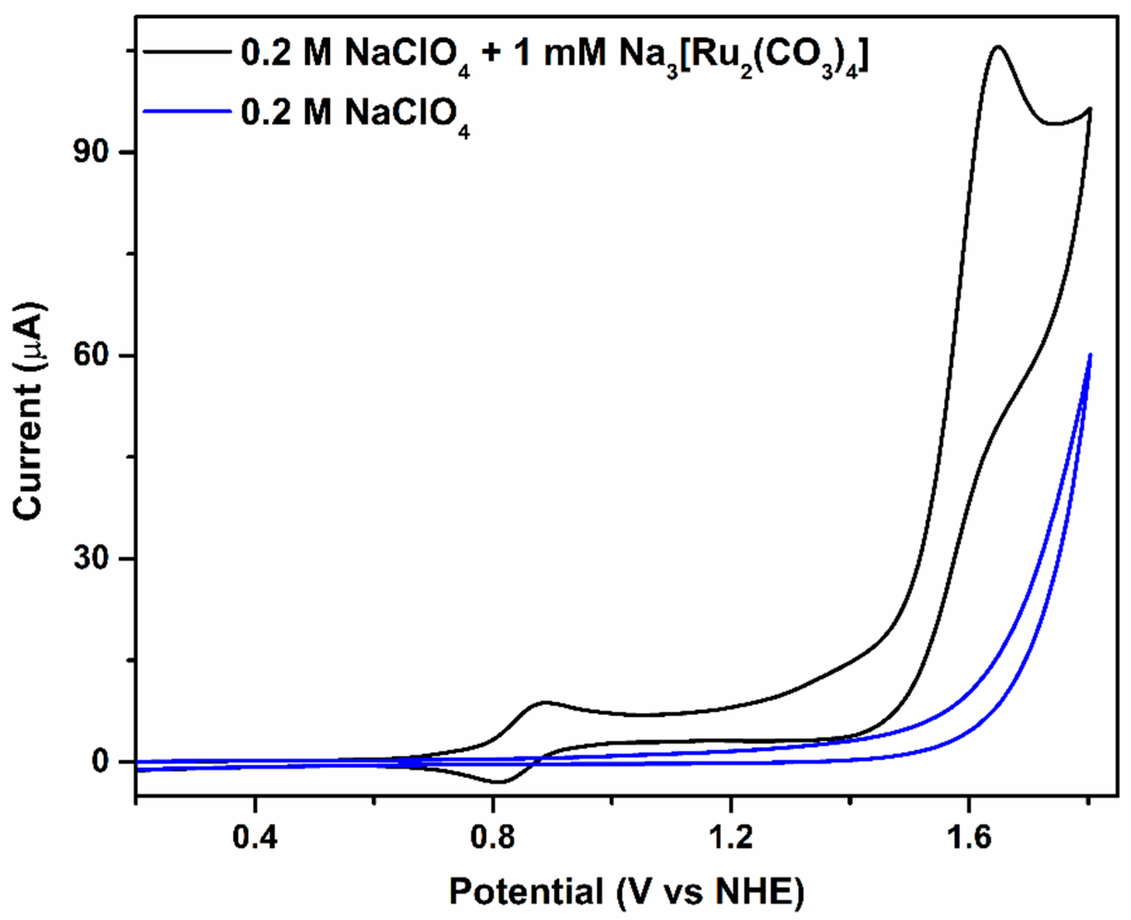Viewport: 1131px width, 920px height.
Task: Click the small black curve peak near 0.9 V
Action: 544,702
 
